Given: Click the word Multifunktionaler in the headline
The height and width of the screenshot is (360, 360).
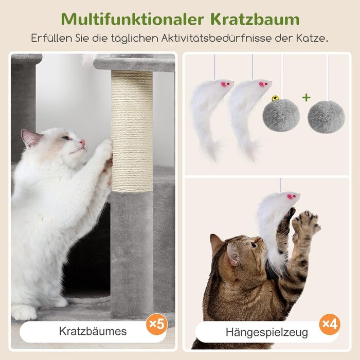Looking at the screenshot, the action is (x=133, y=19).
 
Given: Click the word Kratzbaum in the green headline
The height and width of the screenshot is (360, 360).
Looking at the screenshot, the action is (x=255, y=19).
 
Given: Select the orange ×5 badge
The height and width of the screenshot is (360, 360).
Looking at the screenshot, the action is (x=157, y=324).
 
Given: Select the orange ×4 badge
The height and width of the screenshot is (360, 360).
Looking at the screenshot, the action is (x=330, y=324).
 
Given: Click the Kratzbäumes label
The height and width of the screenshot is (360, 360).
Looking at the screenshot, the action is (x=93, y=331).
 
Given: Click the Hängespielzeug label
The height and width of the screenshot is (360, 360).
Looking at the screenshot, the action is (x=267, y=332).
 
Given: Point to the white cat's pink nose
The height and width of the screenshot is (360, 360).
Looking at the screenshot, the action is (x=82, y=142).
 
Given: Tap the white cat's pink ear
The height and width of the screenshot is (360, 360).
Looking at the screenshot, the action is (x=30, y=137).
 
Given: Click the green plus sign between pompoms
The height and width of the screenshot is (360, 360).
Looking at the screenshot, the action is (x=307, y=98).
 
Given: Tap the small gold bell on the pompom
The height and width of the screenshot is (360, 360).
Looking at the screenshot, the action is (x=275, y=99).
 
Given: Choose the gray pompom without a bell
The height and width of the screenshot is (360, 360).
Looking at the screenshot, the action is (x=326, y=117).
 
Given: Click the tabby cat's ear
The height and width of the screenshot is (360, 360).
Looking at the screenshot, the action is (x=232, y=254).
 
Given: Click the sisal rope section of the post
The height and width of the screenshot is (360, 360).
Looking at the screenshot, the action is (x=132, y=131).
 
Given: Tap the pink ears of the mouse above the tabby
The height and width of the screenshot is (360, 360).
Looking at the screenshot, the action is (x=290, y=196).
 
